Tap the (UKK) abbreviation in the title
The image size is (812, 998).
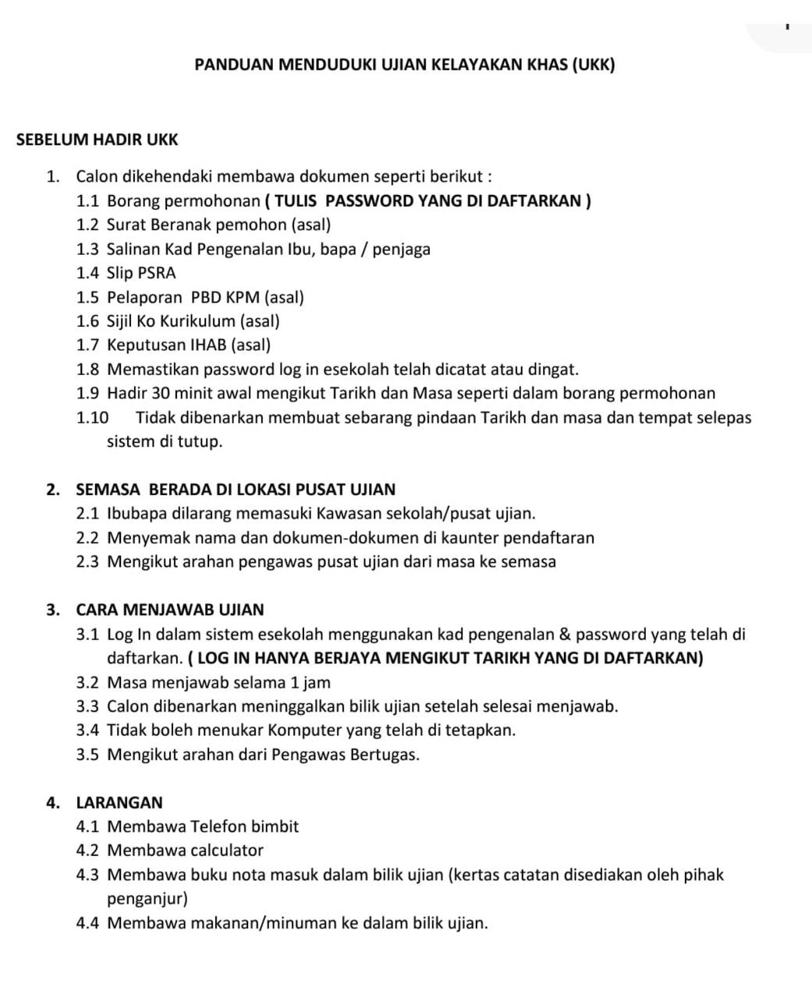[594, 64]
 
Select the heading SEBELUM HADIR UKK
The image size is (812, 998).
[98, 140]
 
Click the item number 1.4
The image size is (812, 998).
[87, 273]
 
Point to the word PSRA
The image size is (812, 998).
[157, 273]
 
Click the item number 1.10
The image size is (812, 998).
[93, 417]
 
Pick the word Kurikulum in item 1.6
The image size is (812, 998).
[198, 320]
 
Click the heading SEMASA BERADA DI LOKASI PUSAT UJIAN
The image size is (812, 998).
[236, 490]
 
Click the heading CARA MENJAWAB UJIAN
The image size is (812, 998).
[170, 610]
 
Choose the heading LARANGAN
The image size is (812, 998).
[119, 802]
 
